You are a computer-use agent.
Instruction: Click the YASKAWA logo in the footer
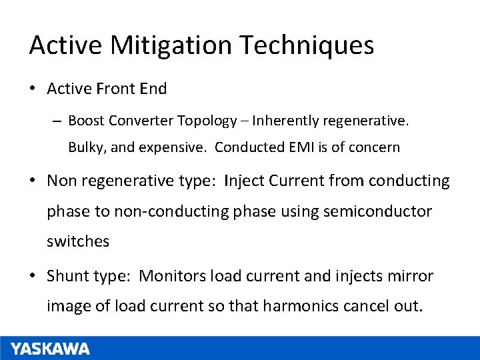coord(50,349)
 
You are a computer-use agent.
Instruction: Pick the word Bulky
coord(85,147)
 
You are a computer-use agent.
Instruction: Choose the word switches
coord(78,241)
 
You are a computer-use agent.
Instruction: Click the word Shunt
coord(68,275)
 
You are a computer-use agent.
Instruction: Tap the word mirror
coord(411,275)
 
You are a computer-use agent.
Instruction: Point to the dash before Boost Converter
coord(57,121)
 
